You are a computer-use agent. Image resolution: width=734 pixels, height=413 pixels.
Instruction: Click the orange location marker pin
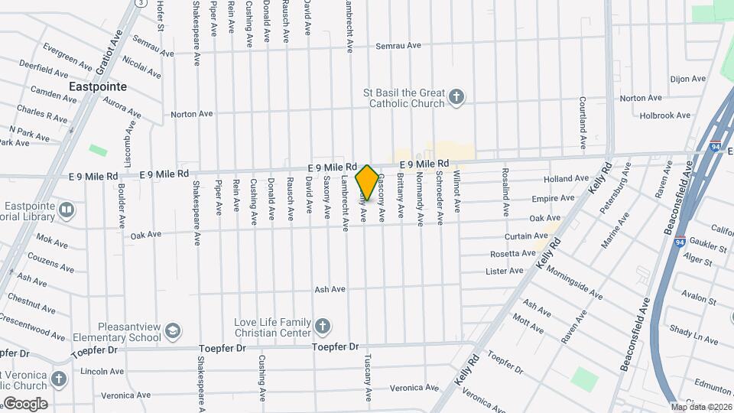(367, 182)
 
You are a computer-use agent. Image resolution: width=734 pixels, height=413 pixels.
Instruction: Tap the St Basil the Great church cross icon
(456, 97)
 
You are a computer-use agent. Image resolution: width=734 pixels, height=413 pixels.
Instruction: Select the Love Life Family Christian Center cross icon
(323, 327)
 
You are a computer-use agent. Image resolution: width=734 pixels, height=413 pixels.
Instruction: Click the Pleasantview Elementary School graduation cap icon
(173, 330)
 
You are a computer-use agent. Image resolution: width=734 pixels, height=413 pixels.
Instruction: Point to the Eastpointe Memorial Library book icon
(67, 210)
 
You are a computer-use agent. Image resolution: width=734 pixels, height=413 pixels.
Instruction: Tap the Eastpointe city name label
(98, 87)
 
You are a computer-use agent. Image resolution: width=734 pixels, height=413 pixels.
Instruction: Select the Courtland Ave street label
(583, 122)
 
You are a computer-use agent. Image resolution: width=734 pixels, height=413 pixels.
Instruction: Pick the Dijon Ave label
(687, 79)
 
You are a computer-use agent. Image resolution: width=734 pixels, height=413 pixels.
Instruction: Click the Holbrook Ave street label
(665, 115)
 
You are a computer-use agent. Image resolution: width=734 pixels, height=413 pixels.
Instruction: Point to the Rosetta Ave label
(513, 253)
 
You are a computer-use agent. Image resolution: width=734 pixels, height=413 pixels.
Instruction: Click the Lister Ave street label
(505, 271)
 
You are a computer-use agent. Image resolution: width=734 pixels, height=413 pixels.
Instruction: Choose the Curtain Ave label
(523, 236)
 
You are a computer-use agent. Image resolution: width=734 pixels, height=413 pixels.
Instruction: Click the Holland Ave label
(566, 179)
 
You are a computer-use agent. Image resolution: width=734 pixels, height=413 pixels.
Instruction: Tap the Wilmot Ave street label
(457, 197)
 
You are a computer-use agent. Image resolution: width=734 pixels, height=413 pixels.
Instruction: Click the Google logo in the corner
(25, 404)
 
